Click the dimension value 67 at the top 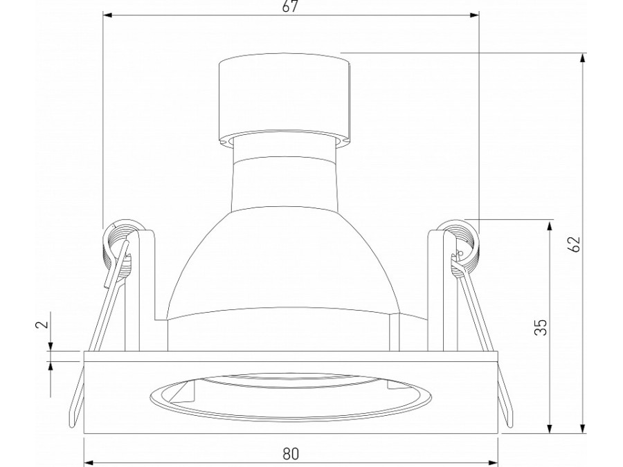(x=290, y=6)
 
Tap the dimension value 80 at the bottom (x=291, y=453)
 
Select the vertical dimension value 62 (x=574, y=244)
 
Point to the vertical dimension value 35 (x=541, y=327)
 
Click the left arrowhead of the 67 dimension (x=108, y=15)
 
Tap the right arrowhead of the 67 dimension (x=474, y=15)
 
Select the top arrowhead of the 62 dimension (x=582, y=57)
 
